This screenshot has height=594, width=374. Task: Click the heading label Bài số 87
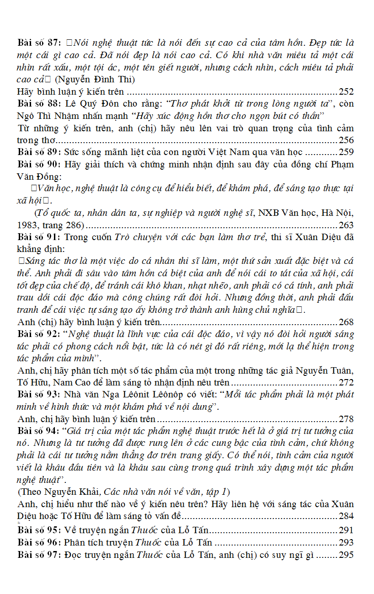pos(39,43)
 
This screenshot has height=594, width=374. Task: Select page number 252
pos(346,91)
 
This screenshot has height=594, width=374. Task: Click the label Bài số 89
pos(39,152)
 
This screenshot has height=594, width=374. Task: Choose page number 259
pos(346,152)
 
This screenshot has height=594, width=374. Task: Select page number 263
pos(346,225)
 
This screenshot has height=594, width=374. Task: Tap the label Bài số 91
pos(39,237)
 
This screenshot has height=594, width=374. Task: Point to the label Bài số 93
pos(39,394)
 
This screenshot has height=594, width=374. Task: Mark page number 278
pos(346,418)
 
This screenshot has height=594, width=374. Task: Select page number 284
pos(346,516)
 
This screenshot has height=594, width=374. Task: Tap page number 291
pos(346,530)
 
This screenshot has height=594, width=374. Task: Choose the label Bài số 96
pos(39,542)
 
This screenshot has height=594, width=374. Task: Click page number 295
pos(346,555)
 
